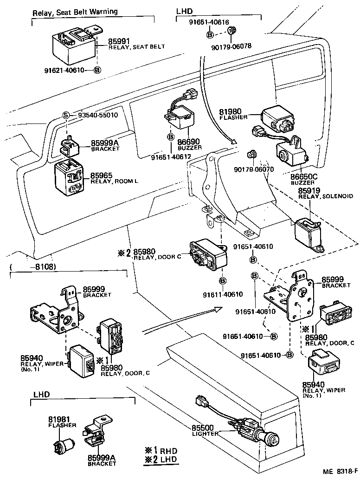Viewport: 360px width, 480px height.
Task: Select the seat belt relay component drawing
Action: pos(74,42)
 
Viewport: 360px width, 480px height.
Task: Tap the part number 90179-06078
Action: pos(232,45)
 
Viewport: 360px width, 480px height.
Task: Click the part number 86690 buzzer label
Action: pos(187,142)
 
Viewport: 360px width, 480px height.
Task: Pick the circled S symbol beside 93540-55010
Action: pos(66,115)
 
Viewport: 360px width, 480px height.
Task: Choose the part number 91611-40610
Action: pos(223,294)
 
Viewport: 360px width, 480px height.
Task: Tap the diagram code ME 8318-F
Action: pos(340,471)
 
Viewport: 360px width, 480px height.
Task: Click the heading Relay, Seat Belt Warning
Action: pos(75,11)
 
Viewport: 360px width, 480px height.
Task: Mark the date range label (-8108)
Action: pos(33,266)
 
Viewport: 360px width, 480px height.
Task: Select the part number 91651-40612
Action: pos(171,157)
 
